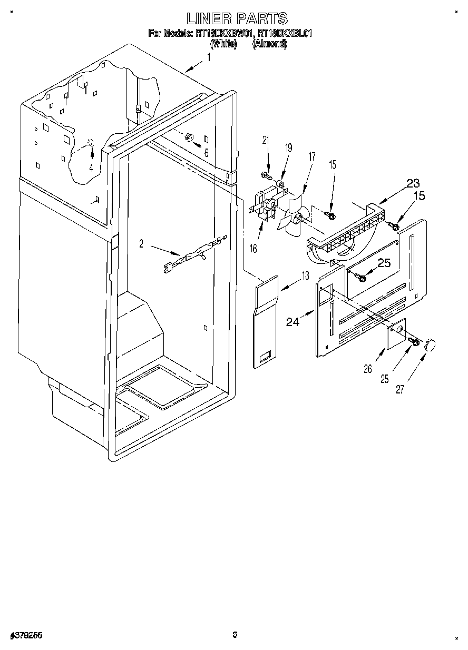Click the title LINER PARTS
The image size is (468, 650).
(x=237, y=18)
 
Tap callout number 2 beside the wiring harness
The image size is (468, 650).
(x=141, y=243)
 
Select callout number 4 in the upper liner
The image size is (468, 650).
(x=91, y=169)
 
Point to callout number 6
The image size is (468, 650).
(x=206, y=153)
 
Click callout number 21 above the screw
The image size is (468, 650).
(x=265, y=140)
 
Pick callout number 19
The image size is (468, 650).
(x=288, y=148)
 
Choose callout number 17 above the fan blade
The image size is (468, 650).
(x=311, y=156)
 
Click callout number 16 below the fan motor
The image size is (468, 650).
(x=253, y=248)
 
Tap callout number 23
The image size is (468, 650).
(x=413, y=183)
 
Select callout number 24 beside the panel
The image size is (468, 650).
(x=293, y=321)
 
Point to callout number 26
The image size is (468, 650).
(x=368, y=369)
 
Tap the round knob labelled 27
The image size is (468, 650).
(x=432, y=346)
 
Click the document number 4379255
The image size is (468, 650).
(x=26, y=636)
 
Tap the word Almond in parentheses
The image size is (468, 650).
(x=270, y=44)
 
